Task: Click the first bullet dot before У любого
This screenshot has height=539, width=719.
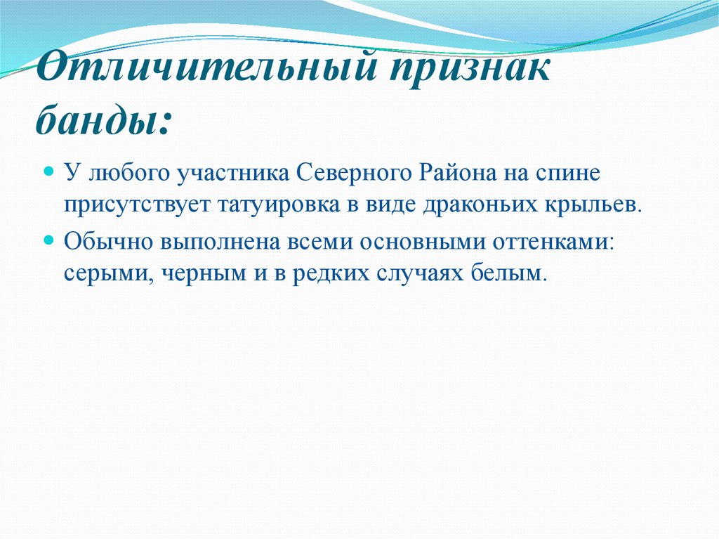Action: pyautogui.click(x=50, y=171)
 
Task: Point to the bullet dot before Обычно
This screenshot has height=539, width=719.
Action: pyautogui.click(x=50, y=240)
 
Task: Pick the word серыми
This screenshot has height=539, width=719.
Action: pyautogui.click(x=107, y=273)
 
